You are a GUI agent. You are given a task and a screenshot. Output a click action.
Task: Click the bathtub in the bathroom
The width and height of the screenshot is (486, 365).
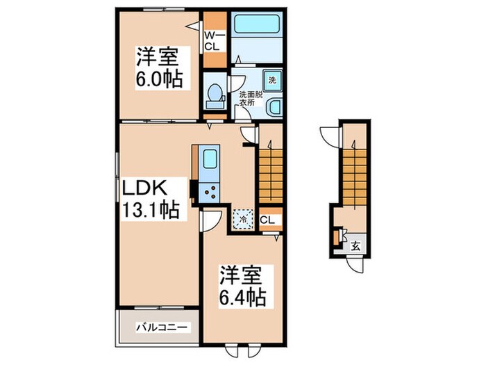(x=256, y=24)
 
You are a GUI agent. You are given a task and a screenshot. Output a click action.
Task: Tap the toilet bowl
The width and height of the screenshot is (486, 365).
(x=214, y=92)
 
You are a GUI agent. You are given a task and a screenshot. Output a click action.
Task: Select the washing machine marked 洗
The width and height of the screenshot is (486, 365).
(x=272, y=81)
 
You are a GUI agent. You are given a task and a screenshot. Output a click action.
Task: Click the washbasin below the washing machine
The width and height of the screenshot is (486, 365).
(x=274, y=107)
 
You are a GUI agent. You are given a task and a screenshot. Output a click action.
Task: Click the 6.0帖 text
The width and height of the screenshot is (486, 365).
(x=158, y=80)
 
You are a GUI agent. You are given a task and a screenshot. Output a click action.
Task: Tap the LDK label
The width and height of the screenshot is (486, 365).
(x=145, y=188)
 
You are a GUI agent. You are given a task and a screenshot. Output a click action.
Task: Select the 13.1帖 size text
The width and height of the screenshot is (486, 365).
(x=151, y=211)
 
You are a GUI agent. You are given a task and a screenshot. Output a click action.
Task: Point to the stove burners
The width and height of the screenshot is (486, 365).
(x=210, y=192)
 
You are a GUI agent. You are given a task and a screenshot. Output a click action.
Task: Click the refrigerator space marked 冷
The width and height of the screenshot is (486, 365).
(x=243, y=219)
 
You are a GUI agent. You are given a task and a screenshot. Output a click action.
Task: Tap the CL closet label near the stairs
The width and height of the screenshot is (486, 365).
(x=267, y=220)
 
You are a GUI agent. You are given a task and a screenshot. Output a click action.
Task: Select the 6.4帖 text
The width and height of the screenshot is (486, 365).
(x=242, y=298)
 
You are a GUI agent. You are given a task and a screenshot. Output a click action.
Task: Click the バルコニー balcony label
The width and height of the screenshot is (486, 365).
(x=162, y=327)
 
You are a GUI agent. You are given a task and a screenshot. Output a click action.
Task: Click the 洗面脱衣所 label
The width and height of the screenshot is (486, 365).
(x=251, y=99)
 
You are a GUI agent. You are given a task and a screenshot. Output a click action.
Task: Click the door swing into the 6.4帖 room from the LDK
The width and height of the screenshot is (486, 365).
(x=211, y=221)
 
